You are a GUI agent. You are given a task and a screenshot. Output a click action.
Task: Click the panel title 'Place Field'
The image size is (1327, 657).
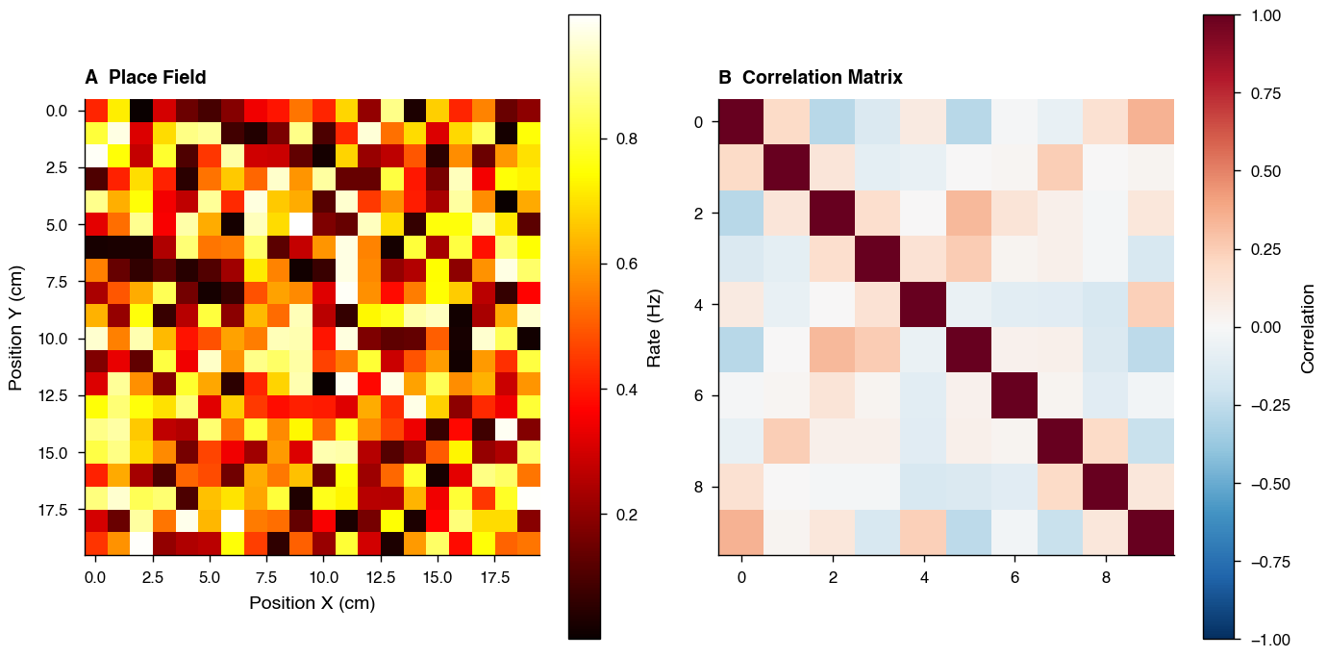click(x=157, y=77)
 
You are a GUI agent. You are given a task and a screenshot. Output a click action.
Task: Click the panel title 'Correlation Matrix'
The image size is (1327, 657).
click(x=822, y=77)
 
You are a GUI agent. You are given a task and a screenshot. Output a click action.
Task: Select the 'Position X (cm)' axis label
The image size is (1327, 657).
click(x=312, y=603)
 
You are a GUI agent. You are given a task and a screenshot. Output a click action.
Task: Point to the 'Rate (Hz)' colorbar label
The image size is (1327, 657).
click(x=655, y=327)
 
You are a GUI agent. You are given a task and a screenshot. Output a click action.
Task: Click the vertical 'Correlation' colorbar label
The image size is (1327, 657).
click(x=1307, y=327)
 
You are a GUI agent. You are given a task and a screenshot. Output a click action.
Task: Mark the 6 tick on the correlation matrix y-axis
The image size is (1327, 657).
click(x=698, y=395)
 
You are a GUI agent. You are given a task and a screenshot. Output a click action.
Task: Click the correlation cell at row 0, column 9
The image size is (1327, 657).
click(x=1152, y=121)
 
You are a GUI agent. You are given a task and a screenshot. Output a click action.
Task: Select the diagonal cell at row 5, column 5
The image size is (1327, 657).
click(x=969, y=350)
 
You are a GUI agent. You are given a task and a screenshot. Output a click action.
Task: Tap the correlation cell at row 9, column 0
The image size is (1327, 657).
click(x=741, y=533)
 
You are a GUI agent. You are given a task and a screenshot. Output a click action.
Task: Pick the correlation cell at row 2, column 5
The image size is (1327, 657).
click(x=969, y=213)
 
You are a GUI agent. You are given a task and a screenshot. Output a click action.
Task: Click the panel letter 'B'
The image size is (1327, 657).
click(x=725, y=77)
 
